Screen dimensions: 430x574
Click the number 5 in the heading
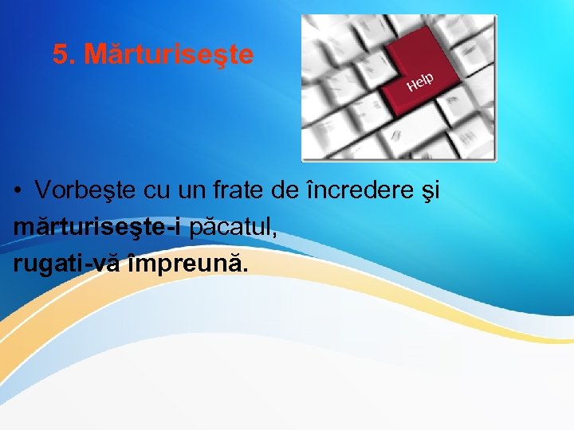coord(60,55)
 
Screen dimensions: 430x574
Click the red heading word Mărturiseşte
coord(169,55)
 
